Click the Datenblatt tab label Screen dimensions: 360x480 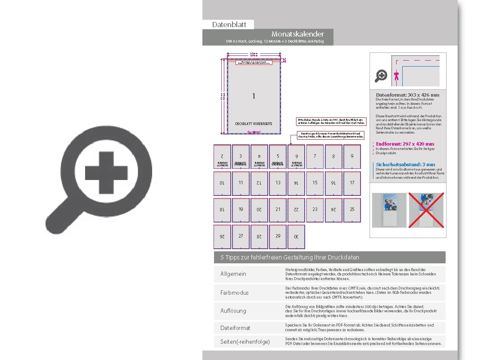(x=229, y=25)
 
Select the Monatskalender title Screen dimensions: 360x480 (x=297, y=34)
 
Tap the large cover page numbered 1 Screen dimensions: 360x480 (x=254, y=96)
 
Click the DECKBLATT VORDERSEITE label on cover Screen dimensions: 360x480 (x=254, y=124)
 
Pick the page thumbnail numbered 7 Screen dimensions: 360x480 (x=315, y=157)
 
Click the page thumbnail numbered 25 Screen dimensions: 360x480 (x=352, y=210)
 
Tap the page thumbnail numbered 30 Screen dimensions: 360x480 (x=296, y=236)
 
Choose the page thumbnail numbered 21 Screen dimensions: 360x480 (x=278, y=210)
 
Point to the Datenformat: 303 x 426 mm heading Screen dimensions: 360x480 (x=407, y=95)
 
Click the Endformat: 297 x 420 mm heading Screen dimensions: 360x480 (x=405, y=144)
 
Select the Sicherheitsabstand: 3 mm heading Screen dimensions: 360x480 (x=405, y=165)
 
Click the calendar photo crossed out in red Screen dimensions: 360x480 (x=425, y=210)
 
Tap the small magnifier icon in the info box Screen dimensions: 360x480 (x=381, y=76)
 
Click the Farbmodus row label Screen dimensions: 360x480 (x=235, y=293)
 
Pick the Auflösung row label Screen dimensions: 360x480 (x=233, y=311)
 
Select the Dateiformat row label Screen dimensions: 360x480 (x=235, y=328)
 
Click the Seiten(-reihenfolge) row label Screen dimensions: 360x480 (x=245, y=342)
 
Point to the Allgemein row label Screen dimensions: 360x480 (x=233, y=274)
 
